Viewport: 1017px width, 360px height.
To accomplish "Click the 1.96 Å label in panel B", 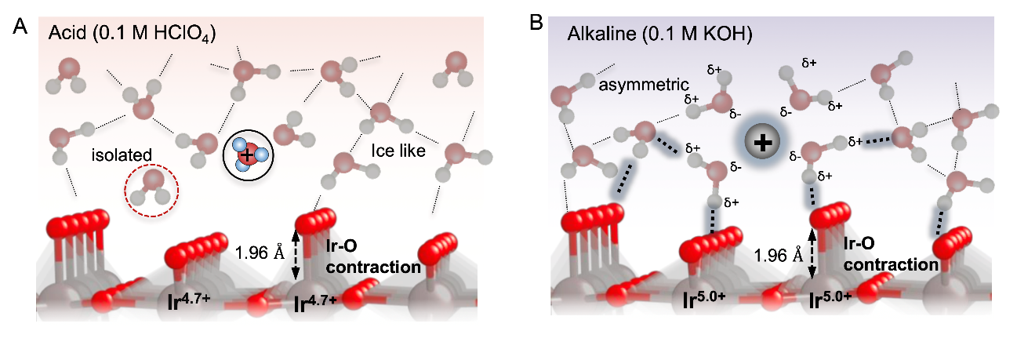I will click(776, 255).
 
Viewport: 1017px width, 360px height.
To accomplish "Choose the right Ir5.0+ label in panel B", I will click(834, 300).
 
